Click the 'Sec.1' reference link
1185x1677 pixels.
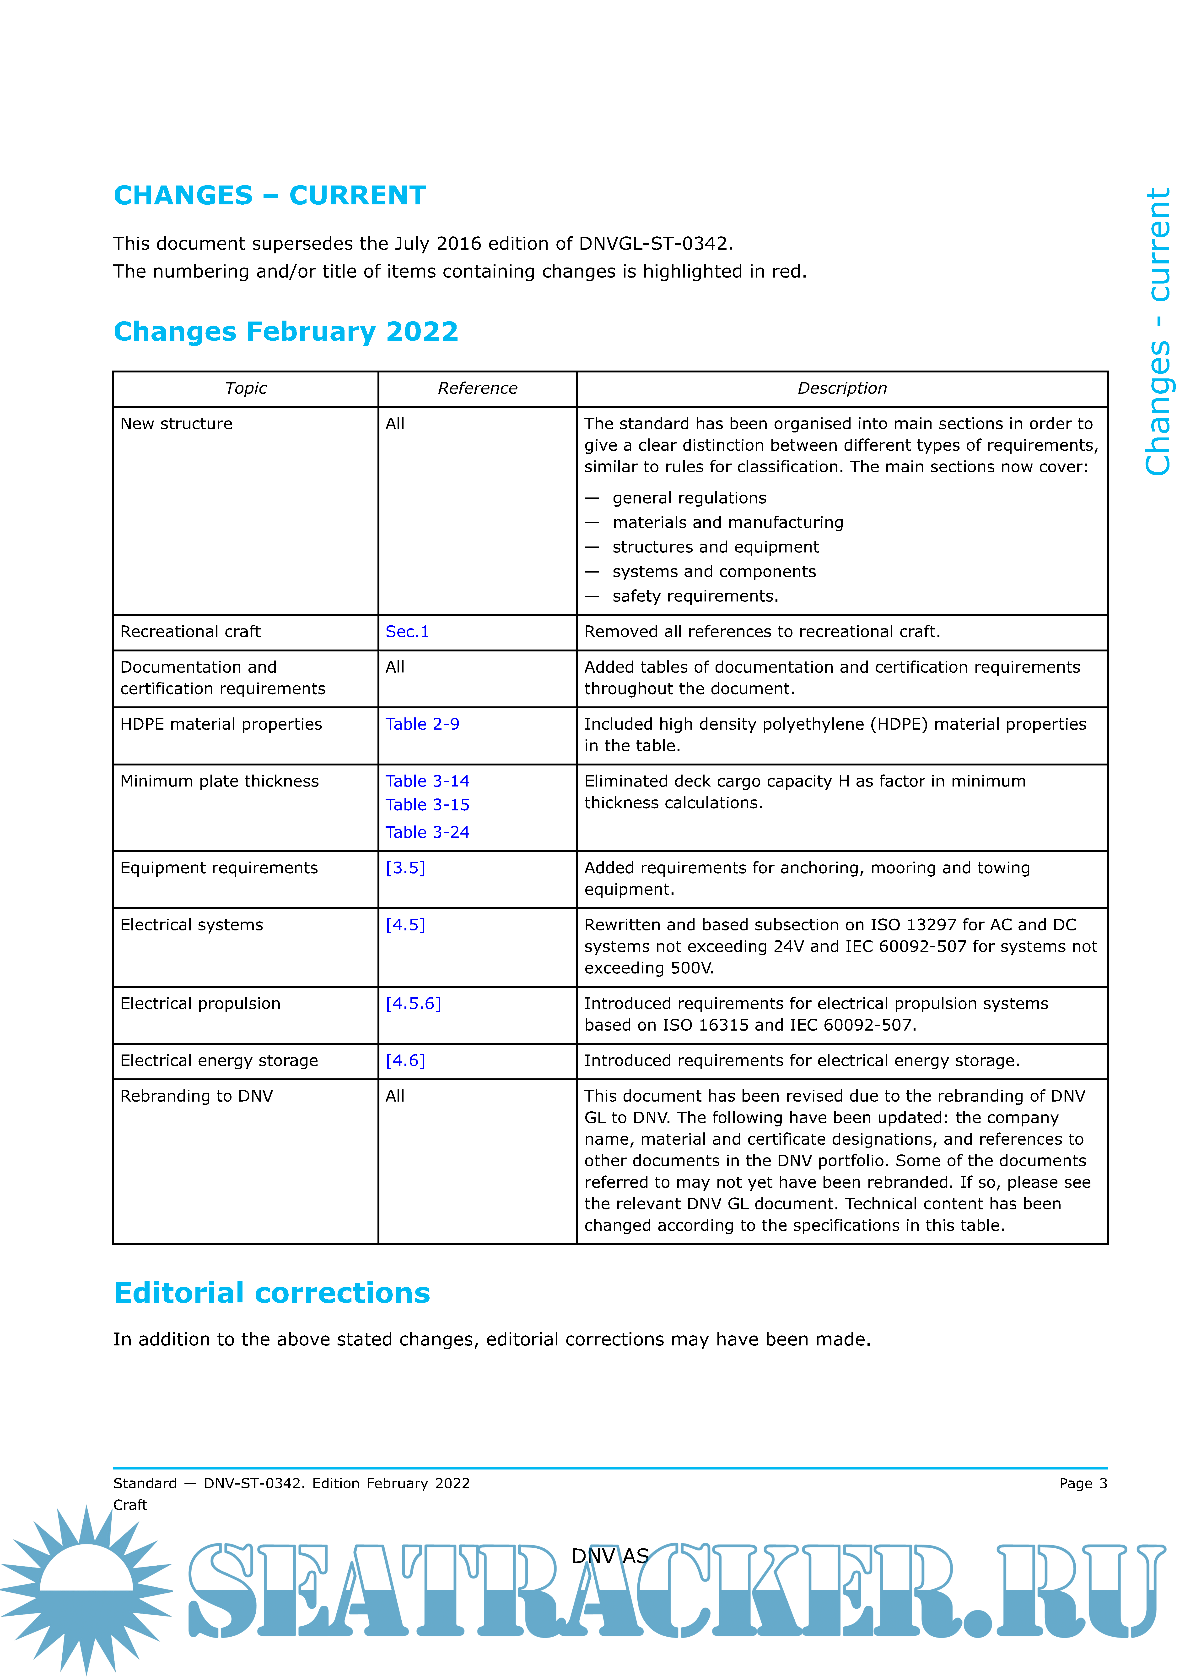pyautogui.click(x=407, y=632)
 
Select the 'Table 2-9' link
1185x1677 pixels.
pyautogui.click(x=422, y=725)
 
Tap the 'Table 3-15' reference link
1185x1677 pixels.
pyautogui.click(x=427, y=805)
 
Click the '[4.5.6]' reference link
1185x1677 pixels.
pyautogui.click(x=413, y=1004)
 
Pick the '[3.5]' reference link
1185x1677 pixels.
pyautogui.click(x=405, y=868)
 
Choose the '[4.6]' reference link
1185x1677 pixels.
pyautogui.click(x=405, y=1060)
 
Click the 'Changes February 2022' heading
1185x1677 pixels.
pyautogui.click(x=285, y=332)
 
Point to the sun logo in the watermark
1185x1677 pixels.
pyautogui.click(x=86, y=1589)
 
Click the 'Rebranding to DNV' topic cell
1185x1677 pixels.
pyautogui.click(x=196, y=1096)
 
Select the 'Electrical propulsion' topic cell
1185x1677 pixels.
pyautogui.click(x=200, y=1004)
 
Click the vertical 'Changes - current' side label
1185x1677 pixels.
pyautogui.click(x=1158, y=332)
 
